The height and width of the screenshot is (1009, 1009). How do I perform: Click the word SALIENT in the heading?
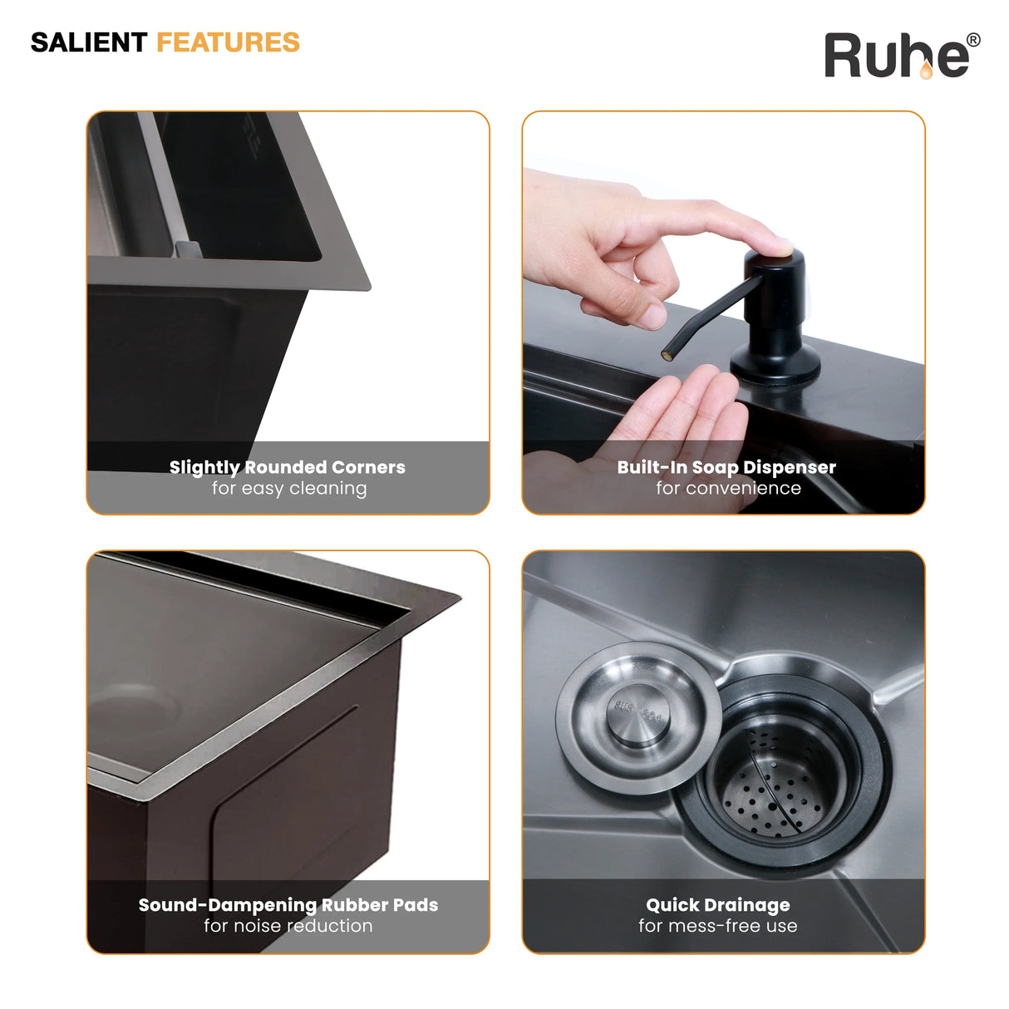(89, 42)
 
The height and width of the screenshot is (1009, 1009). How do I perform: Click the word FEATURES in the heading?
(229, 42)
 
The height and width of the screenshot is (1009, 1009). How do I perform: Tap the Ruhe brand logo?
(902, 55)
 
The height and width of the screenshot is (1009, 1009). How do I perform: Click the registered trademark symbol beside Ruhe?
(973, 41)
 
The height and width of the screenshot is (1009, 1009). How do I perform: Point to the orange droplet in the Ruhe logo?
(926, 70)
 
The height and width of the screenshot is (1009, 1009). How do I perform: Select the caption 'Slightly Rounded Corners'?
(288, 468)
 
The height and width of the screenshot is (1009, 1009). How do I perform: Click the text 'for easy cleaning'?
(289, 489)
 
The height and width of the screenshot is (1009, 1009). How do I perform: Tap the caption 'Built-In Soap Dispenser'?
(726, 468)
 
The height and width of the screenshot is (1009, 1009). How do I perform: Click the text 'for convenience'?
(728, 489)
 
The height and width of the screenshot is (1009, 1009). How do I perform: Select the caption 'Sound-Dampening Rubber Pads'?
(288, 905)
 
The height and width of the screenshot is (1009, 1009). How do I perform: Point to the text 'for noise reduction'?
(288, 926)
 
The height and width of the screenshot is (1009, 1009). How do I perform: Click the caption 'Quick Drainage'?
(718, 905)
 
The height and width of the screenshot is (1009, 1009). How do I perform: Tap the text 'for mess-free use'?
(718, 926)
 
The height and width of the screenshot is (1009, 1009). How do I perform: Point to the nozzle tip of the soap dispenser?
(667, 356)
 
